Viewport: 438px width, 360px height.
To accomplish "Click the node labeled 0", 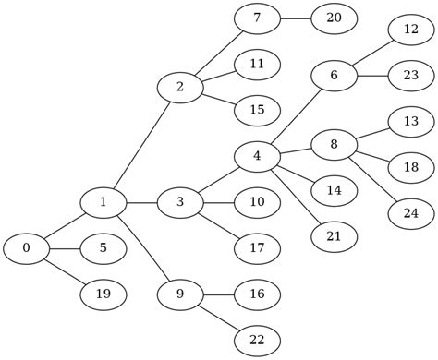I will pyautogui.click(x=26, y=248).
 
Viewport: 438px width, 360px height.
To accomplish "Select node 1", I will pyautogui.click(x=103, y=202).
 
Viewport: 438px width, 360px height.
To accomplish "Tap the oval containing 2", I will pyautogui.click(x=179, y=87).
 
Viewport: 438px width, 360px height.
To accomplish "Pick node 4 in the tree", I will pyautogui.click(x=257, y=156).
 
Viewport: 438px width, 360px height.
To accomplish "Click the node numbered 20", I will pyautogui.click(x=334, y=18).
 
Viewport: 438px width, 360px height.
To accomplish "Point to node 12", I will pyautogui.click(x=411, y=29).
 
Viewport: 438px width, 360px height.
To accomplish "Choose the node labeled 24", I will pyautogui.click(x=411, y=213).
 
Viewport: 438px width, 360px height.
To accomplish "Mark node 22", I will pyautogui.click(x=257, y=341).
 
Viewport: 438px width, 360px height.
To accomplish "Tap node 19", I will pyautogui.click(x=103, y=294).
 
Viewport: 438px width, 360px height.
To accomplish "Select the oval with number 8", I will pyautogui.click(x=334, y=144).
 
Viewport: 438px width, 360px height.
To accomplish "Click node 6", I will pyautogui.click(x=334, y=75).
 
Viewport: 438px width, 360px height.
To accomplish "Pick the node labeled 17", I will pyautogui.click(x=257, y=248).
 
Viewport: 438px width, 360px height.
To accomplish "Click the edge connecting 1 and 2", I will pyautogui.click(x=141, y=144).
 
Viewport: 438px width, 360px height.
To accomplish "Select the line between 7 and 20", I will pyautogui.click(x=296, y=18).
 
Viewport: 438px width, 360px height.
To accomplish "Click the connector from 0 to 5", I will pyautogui.click(x=65, y=248).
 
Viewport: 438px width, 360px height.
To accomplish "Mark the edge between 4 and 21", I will pyautogui.click(x=296, y=198).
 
